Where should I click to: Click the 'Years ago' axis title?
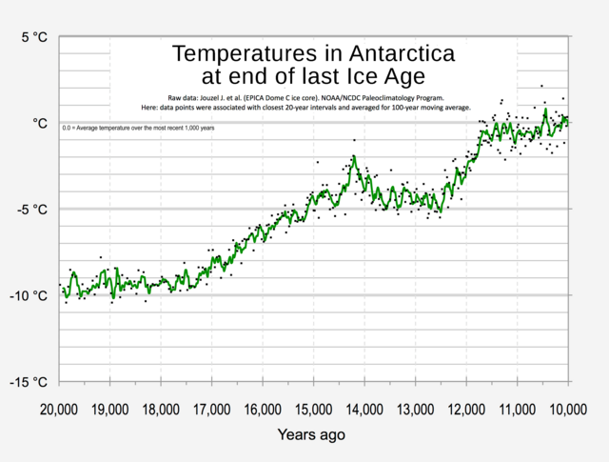(312, 435)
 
